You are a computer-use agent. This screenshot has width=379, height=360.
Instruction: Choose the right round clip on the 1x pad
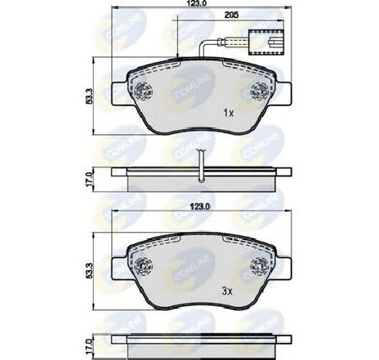pyautogui.click(x=257, y=91)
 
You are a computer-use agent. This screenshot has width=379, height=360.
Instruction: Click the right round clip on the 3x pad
pyautogui.click(x=261, y=264)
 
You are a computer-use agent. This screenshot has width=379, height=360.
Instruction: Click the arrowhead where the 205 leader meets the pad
pyautogui.click(x=178, y=56)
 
